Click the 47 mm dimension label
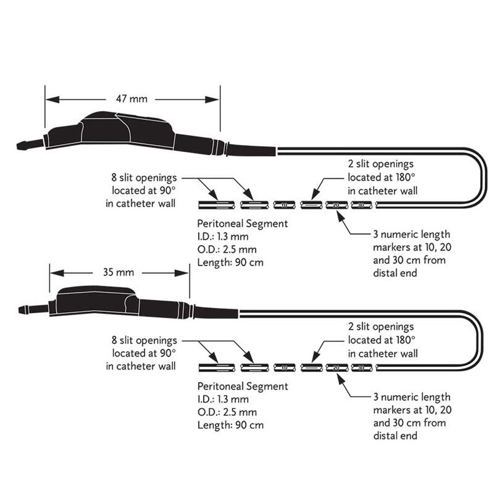coord(131,99)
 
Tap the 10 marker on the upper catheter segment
coord(284,205)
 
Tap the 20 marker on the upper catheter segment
coord(336,205)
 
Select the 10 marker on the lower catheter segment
coord(284,368)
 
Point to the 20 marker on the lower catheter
coord(336,368)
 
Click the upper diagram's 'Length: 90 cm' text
coord(230,262)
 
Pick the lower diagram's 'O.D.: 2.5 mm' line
coord(227,412)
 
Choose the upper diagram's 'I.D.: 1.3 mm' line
coord(223,237)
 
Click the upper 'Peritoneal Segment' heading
coord(242,224)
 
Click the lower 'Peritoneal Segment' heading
coord(242,386)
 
